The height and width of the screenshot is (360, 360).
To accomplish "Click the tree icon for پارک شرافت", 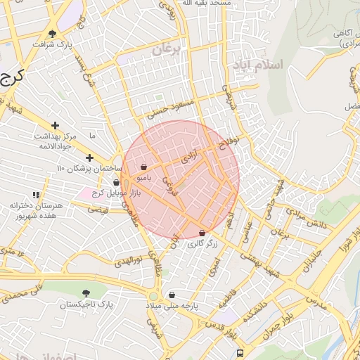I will pos(52,33).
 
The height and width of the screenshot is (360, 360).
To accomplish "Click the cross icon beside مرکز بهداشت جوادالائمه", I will pos(55,124).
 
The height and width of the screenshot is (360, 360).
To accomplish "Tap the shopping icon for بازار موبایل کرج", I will pos(116,182).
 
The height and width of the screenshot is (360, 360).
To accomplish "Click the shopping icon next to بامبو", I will pos(144,167).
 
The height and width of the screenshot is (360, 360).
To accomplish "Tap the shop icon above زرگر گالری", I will pos(202,233).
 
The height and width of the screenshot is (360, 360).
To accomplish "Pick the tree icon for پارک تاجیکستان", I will pos(86,293).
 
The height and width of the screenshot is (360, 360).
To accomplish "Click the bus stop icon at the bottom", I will pos(240,353).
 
